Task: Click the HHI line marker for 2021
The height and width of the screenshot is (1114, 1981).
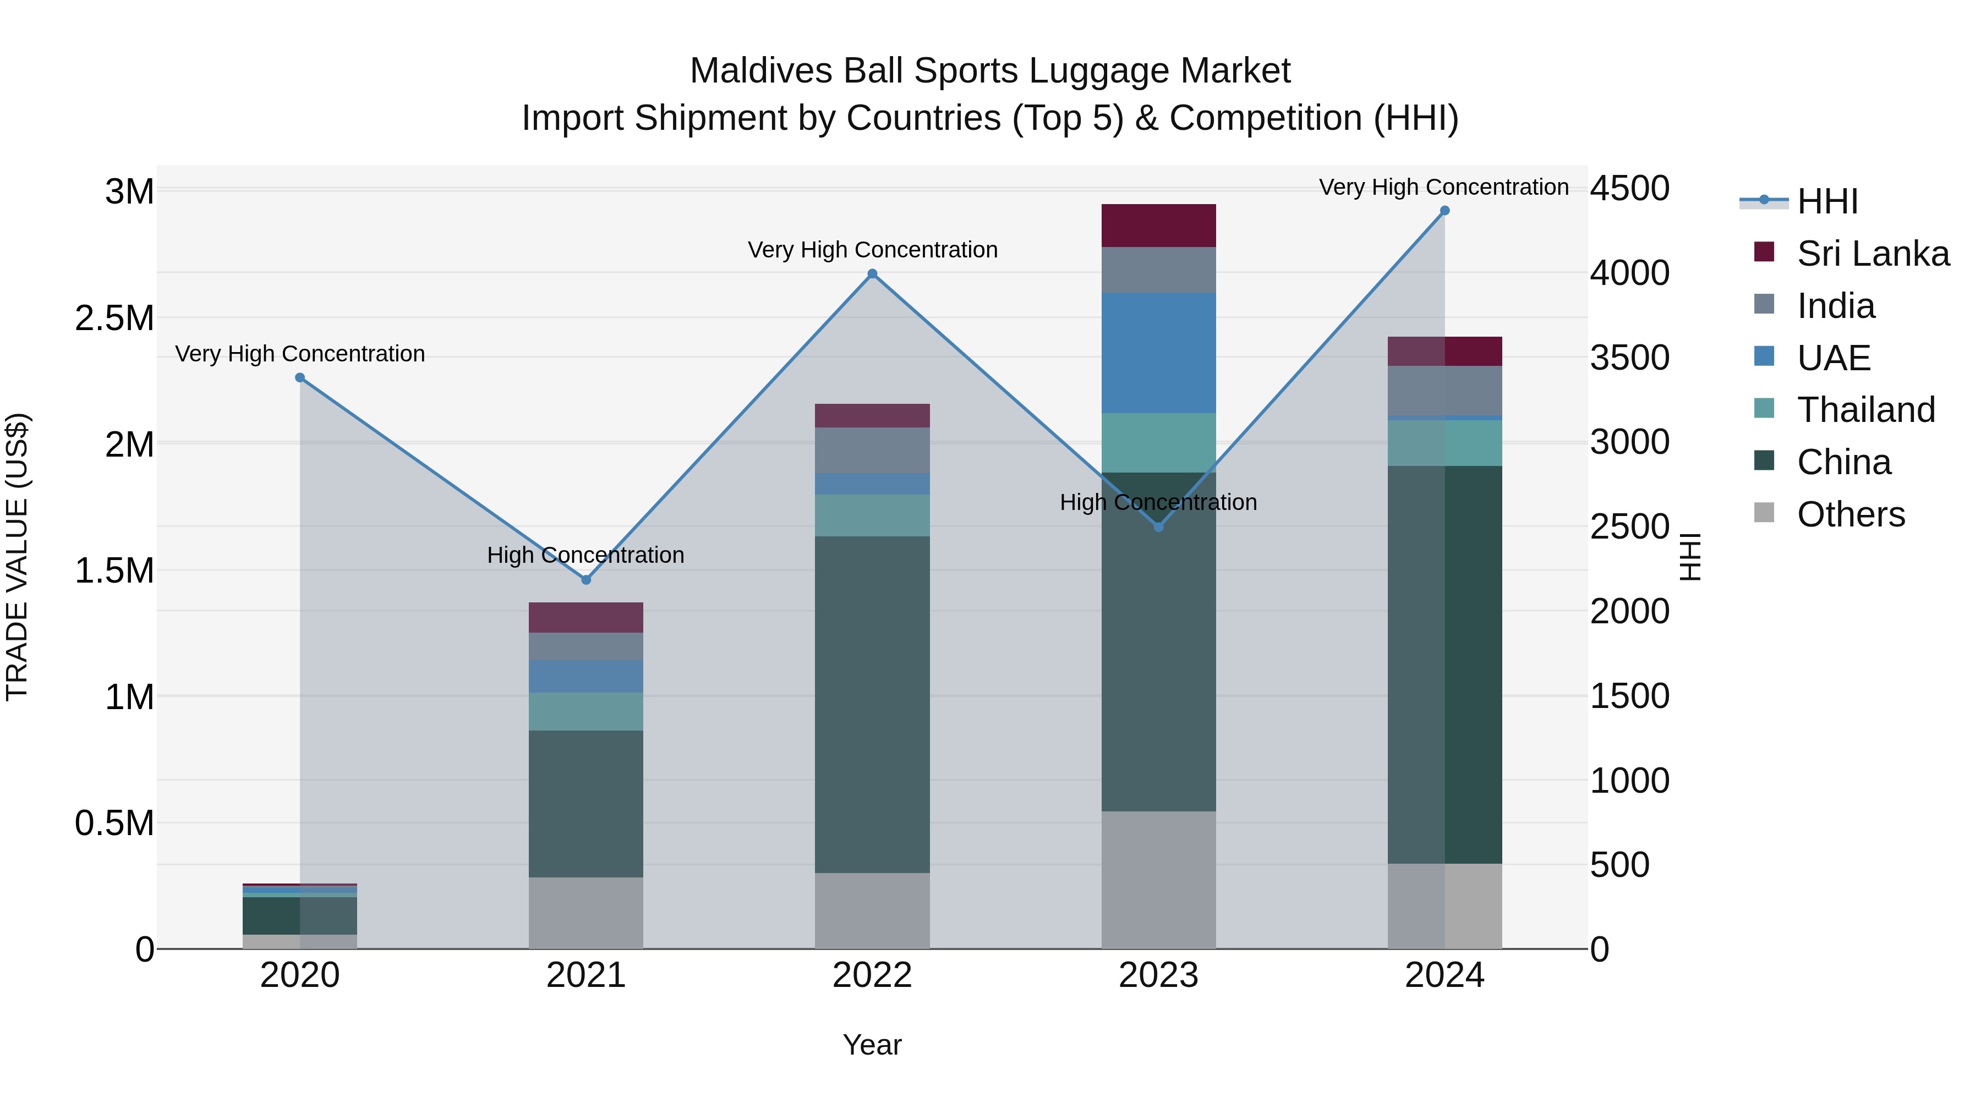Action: [586, 580]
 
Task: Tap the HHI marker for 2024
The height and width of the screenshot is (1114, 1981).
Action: [1444, 211]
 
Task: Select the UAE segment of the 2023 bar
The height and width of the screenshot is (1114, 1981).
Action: [1158, 353]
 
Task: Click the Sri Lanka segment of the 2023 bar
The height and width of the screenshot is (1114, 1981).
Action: [1158, 225]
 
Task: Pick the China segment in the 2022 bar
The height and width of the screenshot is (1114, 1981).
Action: [872, 704]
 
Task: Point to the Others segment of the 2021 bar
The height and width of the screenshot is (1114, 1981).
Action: [586, 913]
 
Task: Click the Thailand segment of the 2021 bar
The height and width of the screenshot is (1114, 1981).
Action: [586, 711]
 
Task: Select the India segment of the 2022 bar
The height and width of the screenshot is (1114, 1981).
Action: [872, 450]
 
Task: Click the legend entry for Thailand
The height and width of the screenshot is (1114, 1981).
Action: [1865, 410]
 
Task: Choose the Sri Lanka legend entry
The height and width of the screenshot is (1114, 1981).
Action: [1872, 254]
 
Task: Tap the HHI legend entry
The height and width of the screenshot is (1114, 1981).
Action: [1826, 201]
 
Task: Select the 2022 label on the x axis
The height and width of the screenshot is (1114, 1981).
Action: [872, 975]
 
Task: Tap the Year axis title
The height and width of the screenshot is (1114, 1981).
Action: [872, 1045]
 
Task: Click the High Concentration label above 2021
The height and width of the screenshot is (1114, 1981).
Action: [585, 555]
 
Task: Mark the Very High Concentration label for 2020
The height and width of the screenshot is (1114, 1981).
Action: [300, 354]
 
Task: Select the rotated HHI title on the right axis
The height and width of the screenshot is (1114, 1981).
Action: [1689, 557]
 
